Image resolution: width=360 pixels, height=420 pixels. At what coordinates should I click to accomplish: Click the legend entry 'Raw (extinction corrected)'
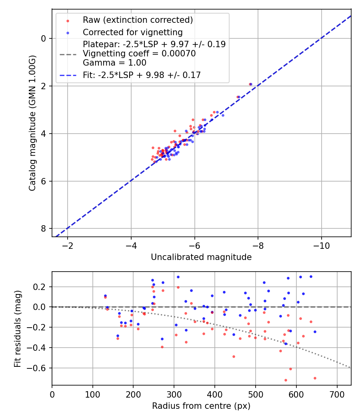click(138, 20)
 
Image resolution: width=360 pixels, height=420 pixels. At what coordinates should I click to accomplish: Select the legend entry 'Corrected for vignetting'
click(132, 32)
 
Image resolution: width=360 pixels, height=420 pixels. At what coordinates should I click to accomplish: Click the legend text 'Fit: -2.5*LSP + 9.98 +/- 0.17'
click(142, 75)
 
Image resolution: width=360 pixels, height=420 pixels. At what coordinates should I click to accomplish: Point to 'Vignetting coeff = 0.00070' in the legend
click(139, 54)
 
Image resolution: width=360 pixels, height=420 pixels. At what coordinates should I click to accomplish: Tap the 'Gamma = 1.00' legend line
click(114, 63)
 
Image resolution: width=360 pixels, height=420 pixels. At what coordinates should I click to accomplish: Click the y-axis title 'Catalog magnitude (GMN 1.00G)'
click(32, 122)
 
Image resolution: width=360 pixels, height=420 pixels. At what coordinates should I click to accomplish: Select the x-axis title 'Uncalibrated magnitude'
click(201, 257)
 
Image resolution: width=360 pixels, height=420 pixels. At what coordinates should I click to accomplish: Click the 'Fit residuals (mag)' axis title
click(18, 329)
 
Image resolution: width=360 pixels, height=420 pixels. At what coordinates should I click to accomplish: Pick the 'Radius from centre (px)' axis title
click(201, 406)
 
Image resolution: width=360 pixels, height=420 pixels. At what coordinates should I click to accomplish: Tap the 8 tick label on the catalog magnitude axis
click(43, 228)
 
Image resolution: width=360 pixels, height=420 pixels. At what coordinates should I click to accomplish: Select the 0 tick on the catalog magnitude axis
click(43, 38)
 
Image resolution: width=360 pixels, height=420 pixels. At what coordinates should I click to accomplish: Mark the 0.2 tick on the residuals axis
click(41, 287)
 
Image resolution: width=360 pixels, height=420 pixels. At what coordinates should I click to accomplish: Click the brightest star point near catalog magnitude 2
click(250, 84)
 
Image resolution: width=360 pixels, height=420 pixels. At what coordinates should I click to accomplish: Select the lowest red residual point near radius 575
click(286, 380)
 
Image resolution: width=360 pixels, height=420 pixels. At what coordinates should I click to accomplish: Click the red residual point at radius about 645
click(315, 378)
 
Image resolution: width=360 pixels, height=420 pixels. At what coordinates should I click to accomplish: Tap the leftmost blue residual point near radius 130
click(105, 296)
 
